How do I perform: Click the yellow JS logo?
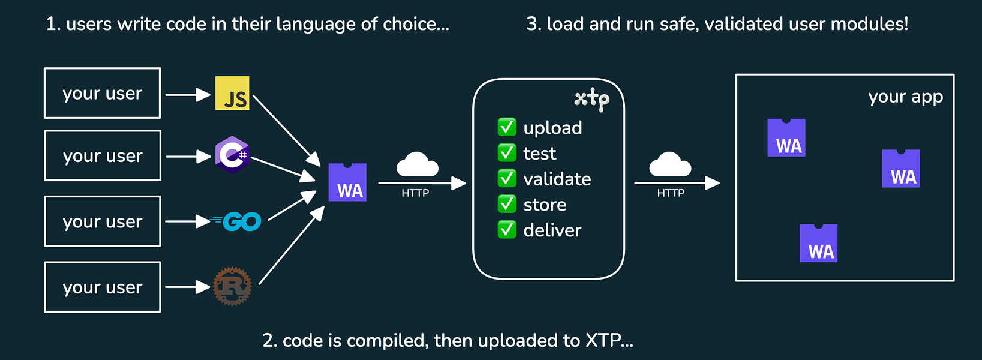coord(232,93)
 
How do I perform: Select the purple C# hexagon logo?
coord(232,155)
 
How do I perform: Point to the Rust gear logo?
coord(232,287)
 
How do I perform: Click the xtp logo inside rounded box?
coord(591,99)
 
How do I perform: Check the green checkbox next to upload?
coord(507,127)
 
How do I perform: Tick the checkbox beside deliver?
coord(507,230)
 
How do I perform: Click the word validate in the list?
coord(557,179)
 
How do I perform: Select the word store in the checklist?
coord(545,205)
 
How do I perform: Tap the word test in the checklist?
coord(539,154)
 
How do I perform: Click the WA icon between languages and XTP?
coord(347,182)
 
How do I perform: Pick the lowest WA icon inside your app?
coord(818,244)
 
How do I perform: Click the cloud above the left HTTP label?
coord(418,164)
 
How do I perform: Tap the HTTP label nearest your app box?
coord(671,193)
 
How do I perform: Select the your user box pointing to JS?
coord(102,93)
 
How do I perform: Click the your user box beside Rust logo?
coord(102,287)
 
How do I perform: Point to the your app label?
coord(905,97)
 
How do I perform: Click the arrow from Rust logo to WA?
coord(291,246)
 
